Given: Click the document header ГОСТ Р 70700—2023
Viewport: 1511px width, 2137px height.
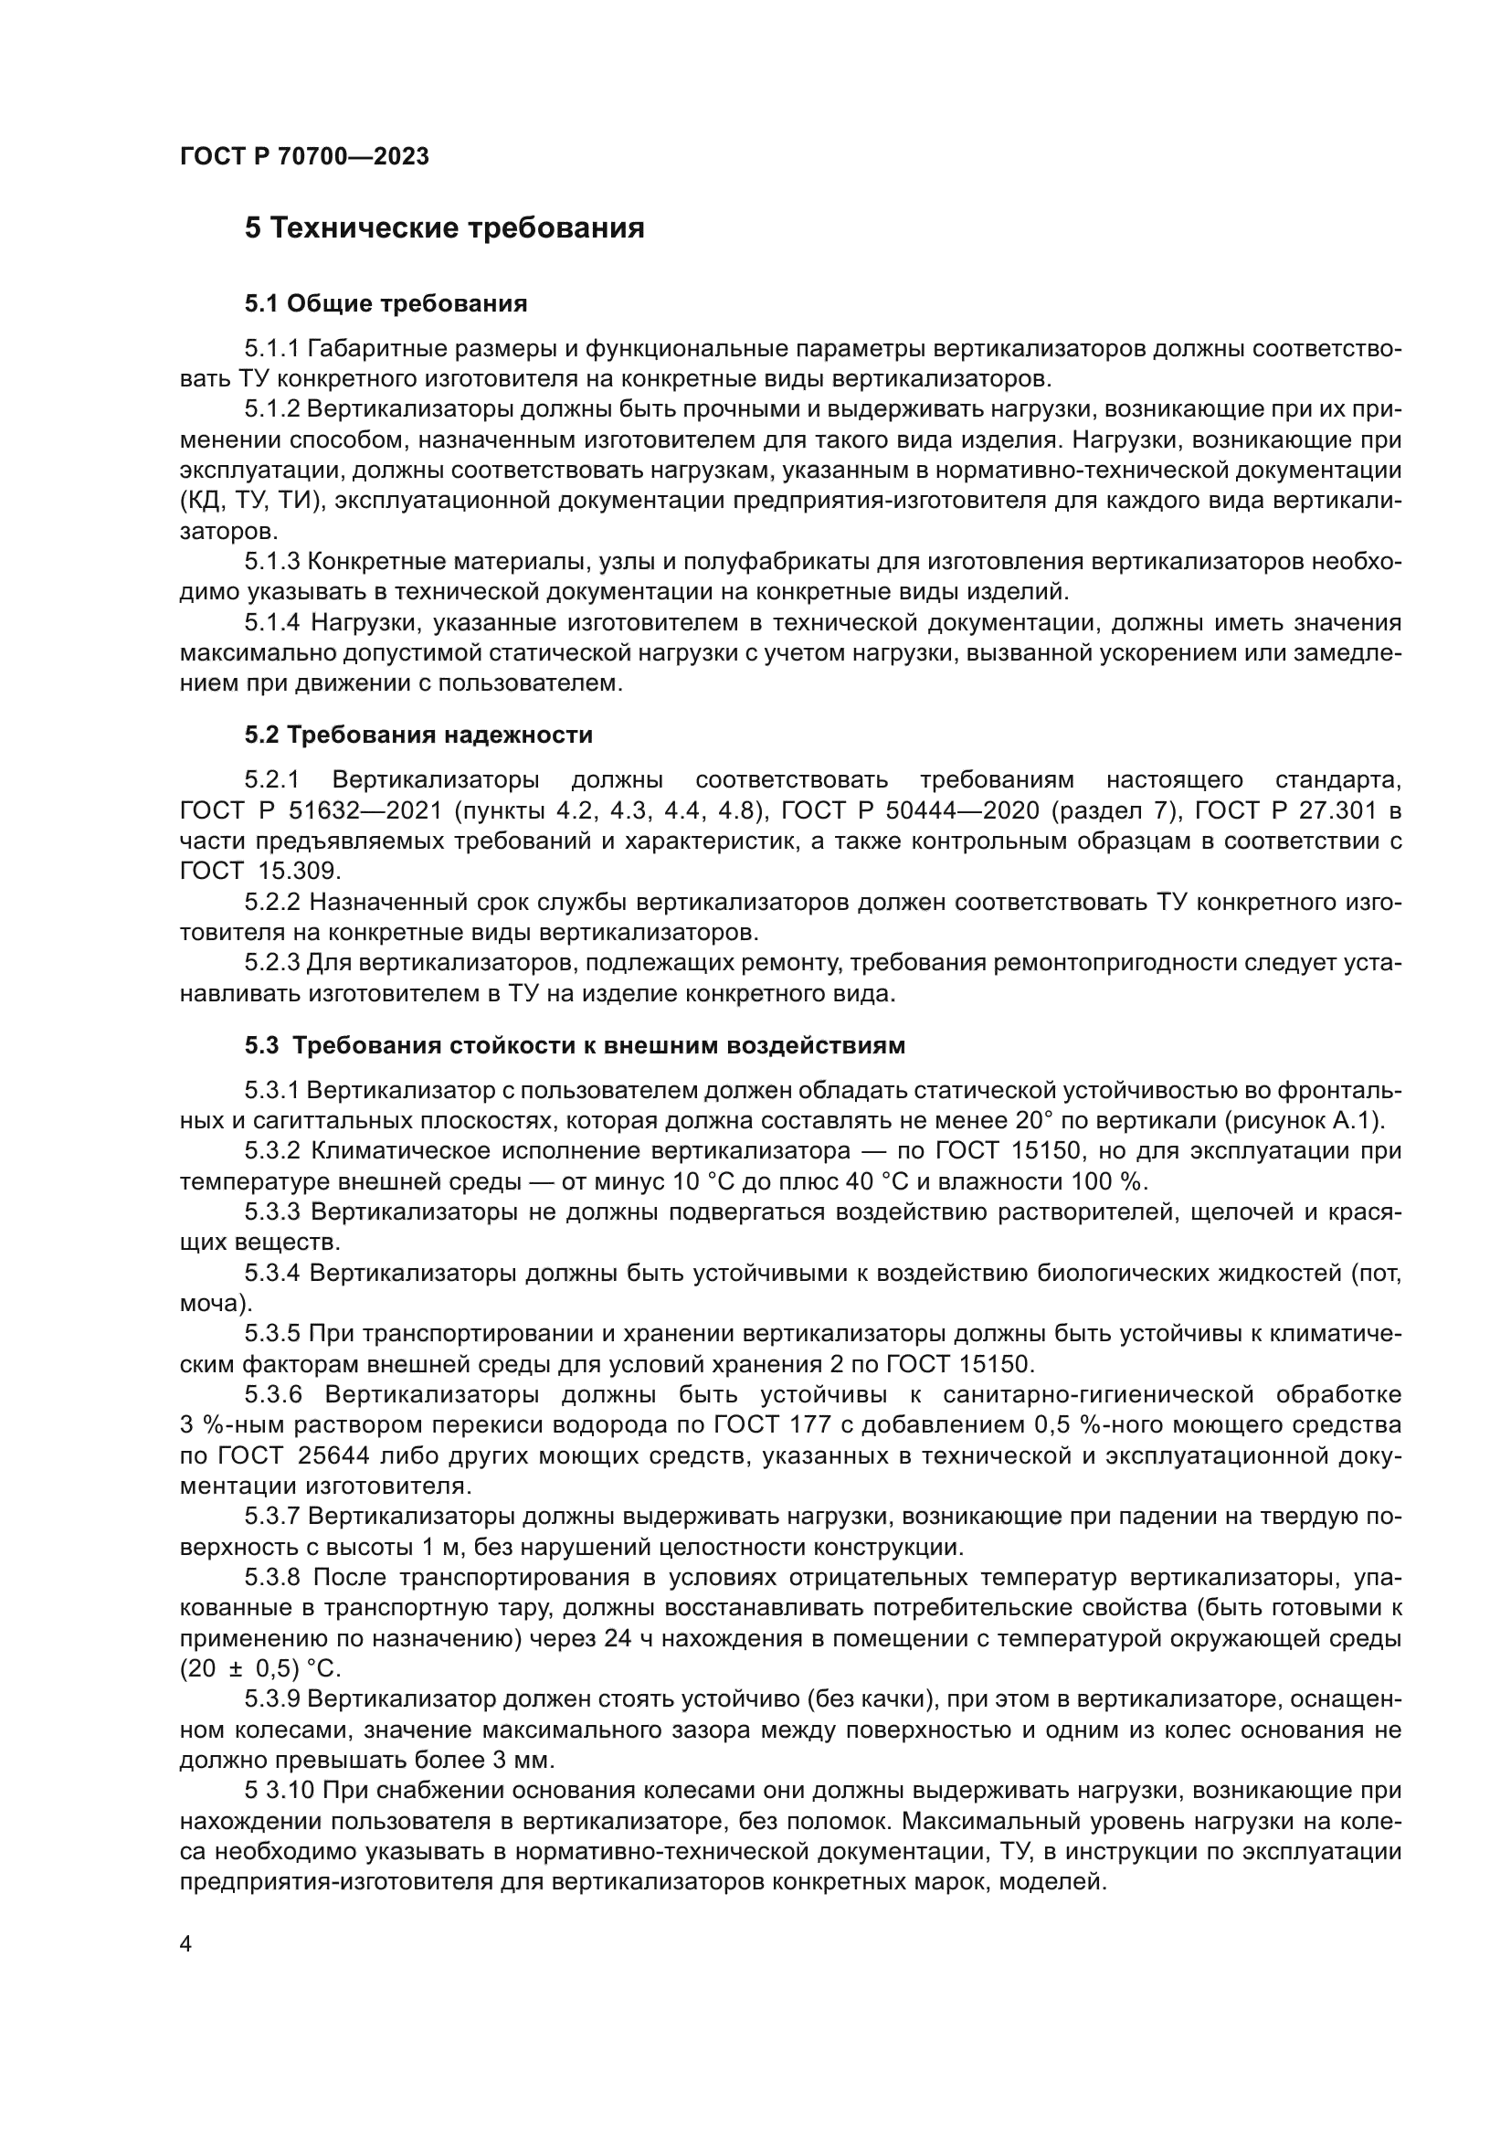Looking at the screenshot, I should pos(304,157).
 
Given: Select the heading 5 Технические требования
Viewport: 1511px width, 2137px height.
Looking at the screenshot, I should pos(444,228).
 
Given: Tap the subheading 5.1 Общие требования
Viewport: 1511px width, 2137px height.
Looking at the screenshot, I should pos(386,303).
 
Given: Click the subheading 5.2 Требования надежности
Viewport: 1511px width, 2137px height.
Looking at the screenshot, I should pos(418,735).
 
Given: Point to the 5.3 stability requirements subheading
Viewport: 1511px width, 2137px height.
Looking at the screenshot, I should pos(574,1045).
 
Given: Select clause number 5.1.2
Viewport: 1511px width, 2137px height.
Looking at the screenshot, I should pos(271,409).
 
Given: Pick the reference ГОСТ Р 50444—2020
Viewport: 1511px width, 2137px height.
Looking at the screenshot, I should pos(910,810).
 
